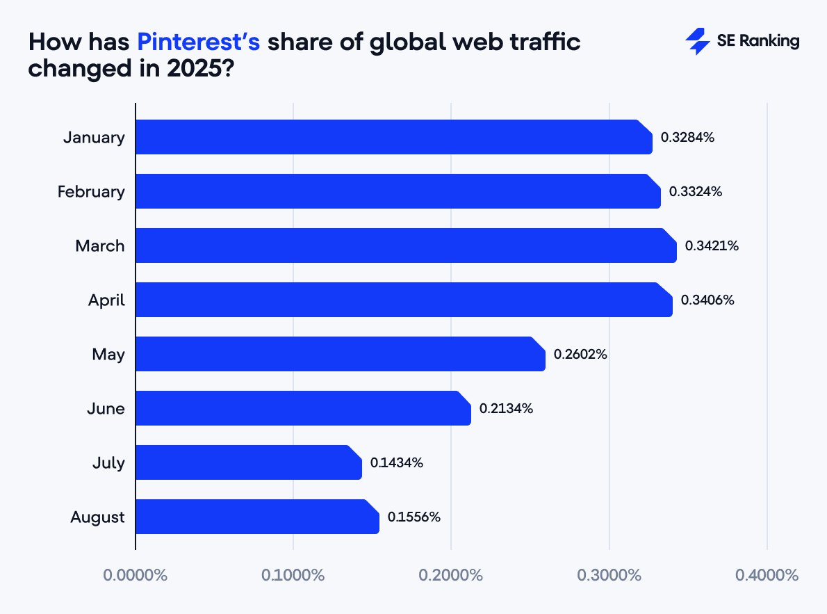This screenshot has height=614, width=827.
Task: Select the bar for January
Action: pyautogui.click(x=393, y=137)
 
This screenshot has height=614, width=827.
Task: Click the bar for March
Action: pyautogui.click(x=406, y=245)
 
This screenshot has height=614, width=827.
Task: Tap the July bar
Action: pyautogui.click(x=248, y=462)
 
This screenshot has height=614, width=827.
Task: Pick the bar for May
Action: pyautogui.click(x=340, y=354)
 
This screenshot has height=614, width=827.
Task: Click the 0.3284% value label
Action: pyautogui.click(x=687, y=137)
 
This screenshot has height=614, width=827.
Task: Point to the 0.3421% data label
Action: pyautogui.click(x=712, y=245)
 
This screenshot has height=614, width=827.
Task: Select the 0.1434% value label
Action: pyautogui.click(x=397, y=462)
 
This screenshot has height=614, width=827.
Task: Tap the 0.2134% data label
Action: pyautogui.click(x=506, y=408)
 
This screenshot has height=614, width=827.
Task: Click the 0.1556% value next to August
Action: pyautogui.click(x=414, y=517)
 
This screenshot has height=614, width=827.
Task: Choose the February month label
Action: pyautogui.click(x=91, y=191)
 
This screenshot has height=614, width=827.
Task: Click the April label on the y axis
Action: pyautogui.click(x=106, y=300)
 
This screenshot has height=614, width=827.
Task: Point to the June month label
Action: pyautogui.click(x=106, y=408)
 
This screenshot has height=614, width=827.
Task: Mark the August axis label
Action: pyautogui.click(x=97, y=517)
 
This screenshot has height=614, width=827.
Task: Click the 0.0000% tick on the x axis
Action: pyautogui.click(x=136, y=575)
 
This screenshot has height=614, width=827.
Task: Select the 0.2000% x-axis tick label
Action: pyautogui.click(x=451, y=575)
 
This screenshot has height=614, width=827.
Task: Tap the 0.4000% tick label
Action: pyautogui.click(x=767, y=575)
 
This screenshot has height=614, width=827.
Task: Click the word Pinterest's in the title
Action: pyautogui.click(x=199, y=43)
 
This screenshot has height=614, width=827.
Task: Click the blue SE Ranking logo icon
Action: pyautogui.click(x=697, y=42)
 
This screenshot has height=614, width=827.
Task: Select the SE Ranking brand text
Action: pyautogui.click(x=758, y=42)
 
